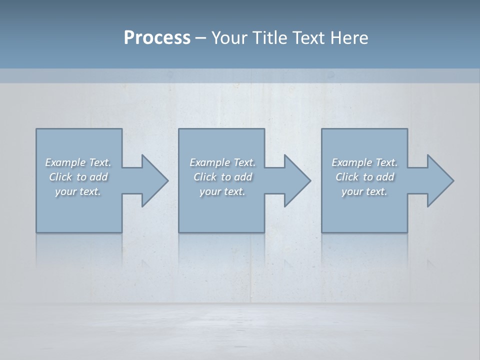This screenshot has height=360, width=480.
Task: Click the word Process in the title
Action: tap(157, 37)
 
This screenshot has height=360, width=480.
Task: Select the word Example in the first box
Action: tap(65, 162)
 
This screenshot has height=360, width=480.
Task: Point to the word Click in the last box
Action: tap(347, 177)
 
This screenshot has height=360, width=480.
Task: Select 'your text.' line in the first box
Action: tap(78, 191)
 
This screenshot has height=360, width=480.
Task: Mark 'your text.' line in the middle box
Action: tap(222, 191)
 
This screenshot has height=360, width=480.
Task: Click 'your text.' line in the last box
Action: tap(364, 191)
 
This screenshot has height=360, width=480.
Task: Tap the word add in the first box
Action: tap(99, 177)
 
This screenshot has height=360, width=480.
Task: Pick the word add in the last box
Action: tap(385, 177)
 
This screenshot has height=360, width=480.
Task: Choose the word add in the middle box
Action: tap(243, 177)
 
